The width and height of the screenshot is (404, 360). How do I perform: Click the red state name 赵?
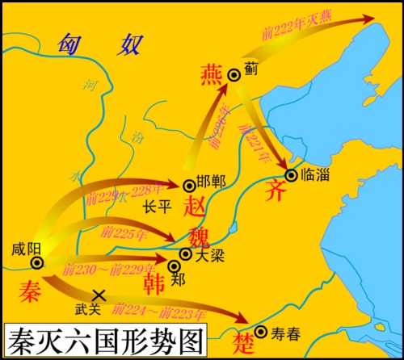(196, 204)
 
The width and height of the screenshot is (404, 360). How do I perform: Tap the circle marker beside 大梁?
(186, 253)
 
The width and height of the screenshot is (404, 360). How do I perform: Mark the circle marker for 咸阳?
(36, 262)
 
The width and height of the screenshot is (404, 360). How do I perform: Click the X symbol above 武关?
(99, 295)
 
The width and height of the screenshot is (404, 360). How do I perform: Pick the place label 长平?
(157, 207)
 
